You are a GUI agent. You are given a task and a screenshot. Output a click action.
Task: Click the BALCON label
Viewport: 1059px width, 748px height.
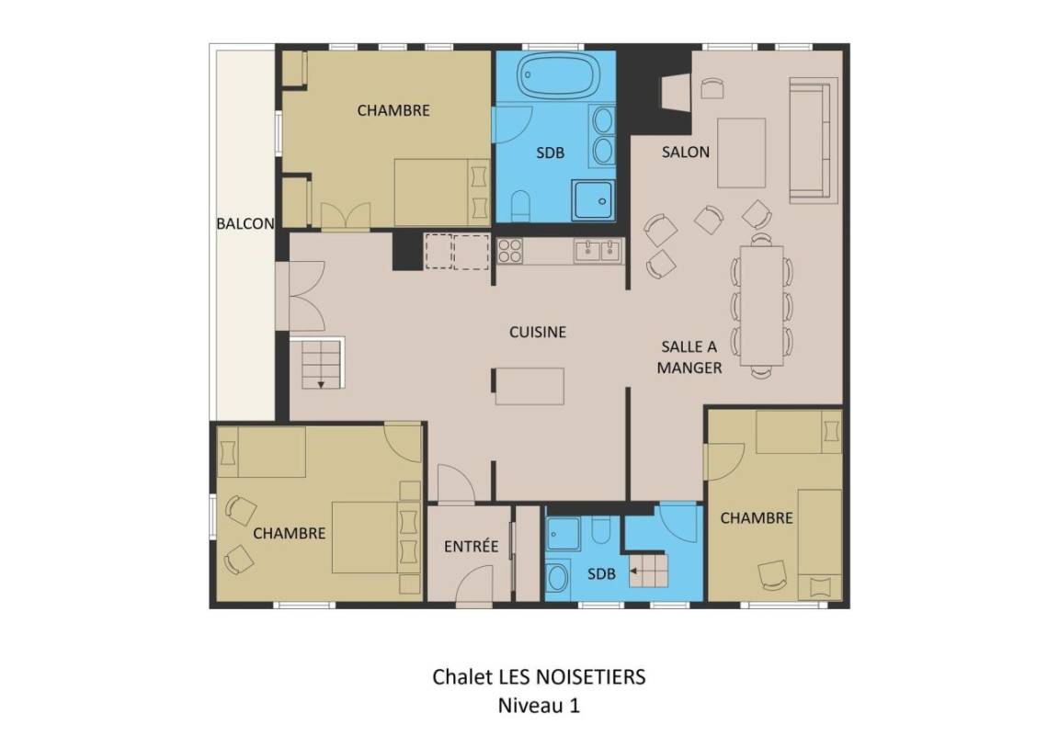click(x=245, y=223)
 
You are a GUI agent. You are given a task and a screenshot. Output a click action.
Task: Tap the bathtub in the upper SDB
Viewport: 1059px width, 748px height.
click(x=559, y=75)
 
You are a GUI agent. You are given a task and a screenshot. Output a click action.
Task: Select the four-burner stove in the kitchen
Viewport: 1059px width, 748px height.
click(x=510, y=251)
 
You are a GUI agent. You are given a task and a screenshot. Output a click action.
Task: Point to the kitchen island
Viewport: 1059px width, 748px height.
click(x=529, y=386)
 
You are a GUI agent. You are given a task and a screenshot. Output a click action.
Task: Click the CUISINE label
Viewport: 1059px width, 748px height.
click(x=538, y=332)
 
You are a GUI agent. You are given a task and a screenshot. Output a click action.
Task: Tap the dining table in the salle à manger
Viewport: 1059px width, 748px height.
click(x=761, y=306)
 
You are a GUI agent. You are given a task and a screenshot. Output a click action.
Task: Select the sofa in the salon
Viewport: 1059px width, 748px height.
click(x=814, y=141)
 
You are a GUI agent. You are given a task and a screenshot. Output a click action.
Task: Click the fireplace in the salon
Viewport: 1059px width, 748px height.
click(x=676, y=92)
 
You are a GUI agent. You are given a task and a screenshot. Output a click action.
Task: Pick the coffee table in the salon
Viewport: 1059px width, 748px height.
click(x=741, y=153)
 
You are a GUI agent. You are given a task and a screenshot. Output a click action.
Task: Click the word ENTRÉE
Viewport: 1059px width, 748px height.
click(x=471, y=546)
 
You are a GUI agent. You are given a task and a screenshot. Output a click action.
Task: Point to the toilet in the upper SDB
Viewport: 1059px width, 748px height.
click(x=520, y=206)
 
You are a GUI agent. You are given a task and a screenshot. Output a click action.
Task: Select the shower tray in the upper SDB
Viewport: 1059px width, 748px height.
click(x=593, y=199)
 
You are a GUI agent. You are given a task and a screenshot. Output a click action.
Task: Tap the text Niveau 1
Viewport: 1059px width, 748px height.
click(x=539, y=706)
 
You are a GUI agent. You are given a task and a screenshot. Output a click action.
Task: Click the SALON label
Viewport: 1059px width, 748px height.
click(x=686, y=153)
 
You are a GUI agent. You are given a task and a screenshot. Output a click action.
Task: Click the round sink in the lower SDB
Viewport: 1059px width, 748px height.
click(x=557, y=578)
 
